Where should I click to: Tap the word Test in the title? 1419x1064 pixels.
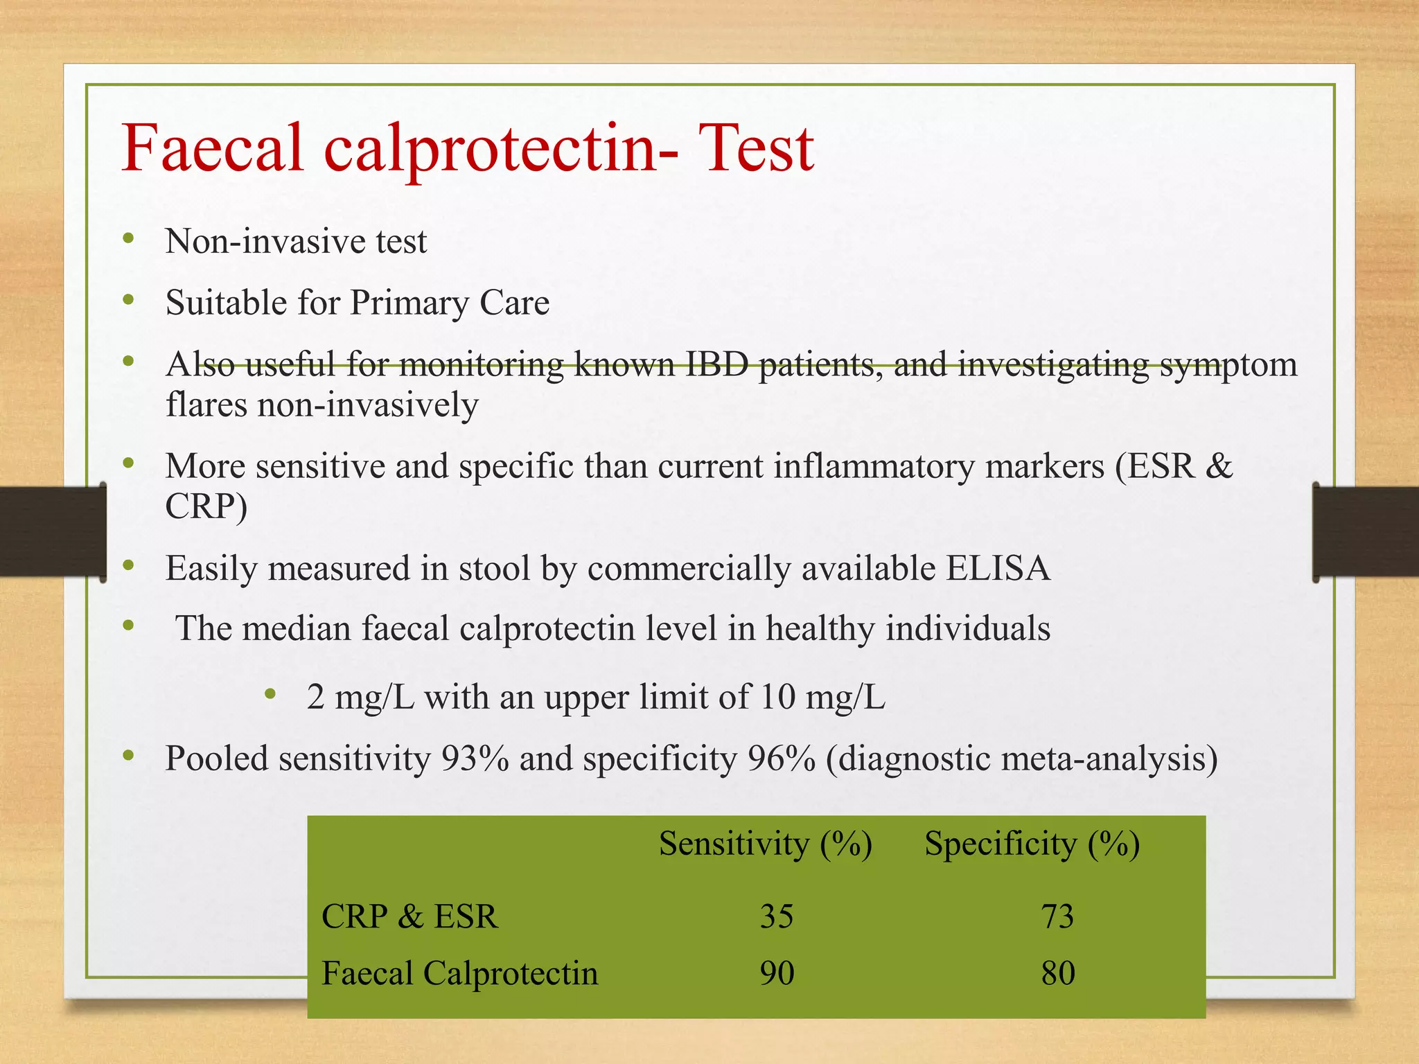coord(756,148)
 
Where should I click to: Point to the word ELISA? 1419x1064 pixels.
coord(998,568)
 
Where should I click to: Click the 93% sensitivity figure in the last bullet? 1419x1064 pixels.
coord(475,759)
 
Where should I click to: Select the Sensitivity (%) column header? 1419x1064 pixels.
coord(765,844)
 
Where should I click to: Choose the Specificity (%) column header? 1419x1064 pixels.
coord(1032,844)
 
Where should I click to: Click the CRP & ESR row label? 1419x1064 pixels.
coord(409,916)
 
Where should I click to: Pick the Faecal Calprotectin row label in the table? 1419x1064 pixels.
coord(459,973)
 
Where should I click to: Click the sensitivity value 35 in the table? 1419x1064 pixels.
coord(777,916)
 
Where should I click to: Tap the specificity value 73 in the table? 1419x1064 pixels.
coord(1057,916)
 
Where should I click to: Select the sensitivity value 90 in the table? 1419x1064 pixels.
coord(777,973)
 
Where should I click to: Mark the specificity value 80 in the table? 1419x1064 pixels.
coord(1057,973)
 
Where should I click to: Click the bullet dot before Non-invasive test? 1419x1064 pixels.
coord(128,239)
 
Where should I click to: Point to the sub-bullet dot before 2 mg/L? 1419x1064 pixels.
coord(270,693)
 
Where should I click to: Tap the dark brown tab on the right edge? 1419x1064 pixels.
coord(1366,532)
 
